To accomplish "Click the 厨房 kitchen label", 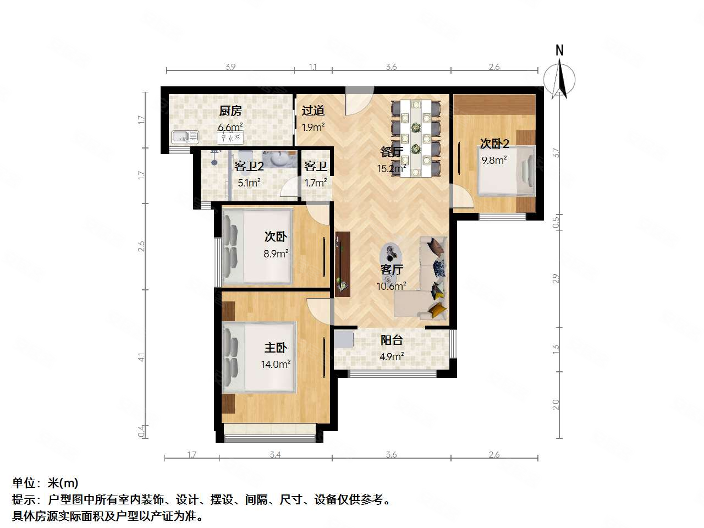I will pos(230,111).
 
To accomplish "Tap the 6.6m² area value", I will pos(230,127).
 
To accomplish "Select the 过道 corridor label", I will pos(312,111).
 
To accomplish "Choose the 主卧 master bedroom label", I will pos(276,348).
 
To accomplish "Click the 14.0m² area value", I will pos(276,364).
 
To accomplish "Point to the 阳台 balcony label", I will pos(392,340).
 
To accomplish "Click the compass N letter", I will pos(559,51).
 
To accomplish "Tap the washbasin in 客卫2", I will pos(279,159).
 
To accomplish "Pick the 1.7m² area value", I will pos(316,183).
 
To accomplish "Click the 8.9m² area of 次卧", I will pos(276,254).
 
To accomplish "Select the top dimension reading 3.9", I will pos(230,67).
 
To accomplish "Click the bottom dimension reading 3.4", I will pos(276,455).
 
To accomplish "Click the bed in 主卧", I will pos(258,358).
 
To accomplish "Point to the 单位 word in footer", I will pos(24,483).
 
